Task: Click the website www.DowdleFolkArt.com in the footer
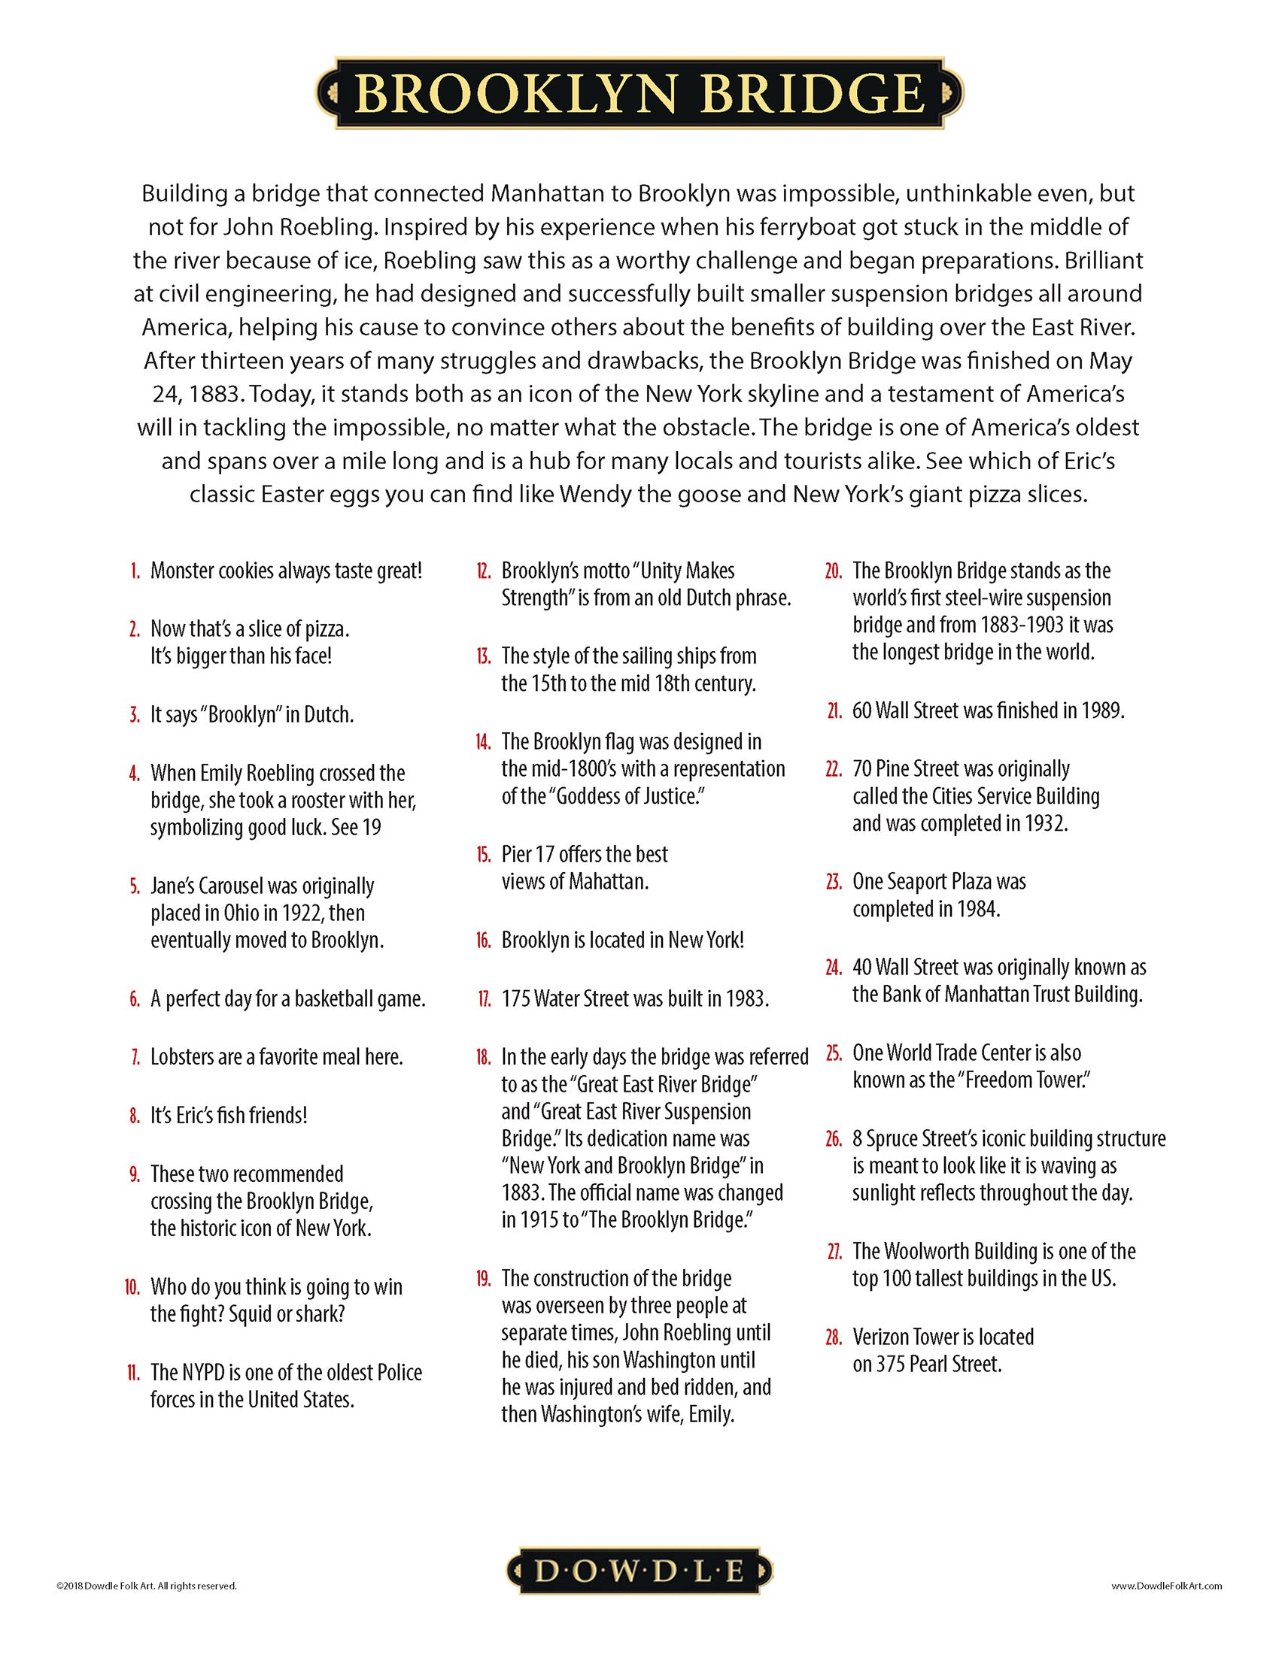(x=1166, y=1585)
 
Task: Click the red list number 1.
(x=135, y=571)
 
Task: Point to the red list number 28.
(x=834, y=1337)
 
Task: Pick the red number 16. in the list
(x=484, y=941)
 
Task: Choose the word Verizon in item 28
(x=883, y=1337)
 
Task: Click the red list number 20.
(x=834, y=571)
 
